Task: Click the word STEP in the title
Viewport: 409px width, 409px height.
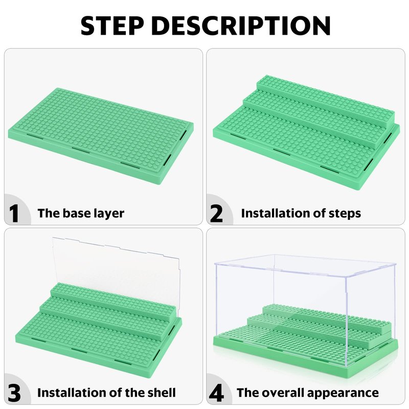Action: tap(112, 26)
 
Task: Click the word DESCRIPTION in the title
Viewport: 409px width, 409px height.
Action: tap(241, 26)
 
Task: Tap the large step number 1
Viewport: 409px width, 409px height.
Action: tap(14, 213)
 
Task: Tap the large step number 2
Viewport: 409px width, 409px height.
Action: tap(216, 213)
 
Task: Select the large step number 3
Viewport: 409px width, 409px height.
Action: tap(14, 393)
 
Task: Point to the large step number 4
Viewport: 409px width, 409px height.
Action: tap(216, 393)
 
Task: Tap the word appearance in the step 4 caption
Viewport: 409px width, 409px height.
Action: tap(343, 393)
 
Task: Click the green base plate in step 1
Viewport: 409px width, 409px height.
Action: tap(101, 135)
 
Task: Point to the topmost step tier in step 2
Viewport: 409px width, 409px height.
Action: tap(325, 100)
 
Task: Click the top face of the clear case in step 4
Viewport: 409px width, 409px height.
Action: tap(305, 265)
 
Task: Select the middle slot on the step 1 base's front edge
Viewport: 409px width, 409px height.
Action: tap(81, 150)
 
